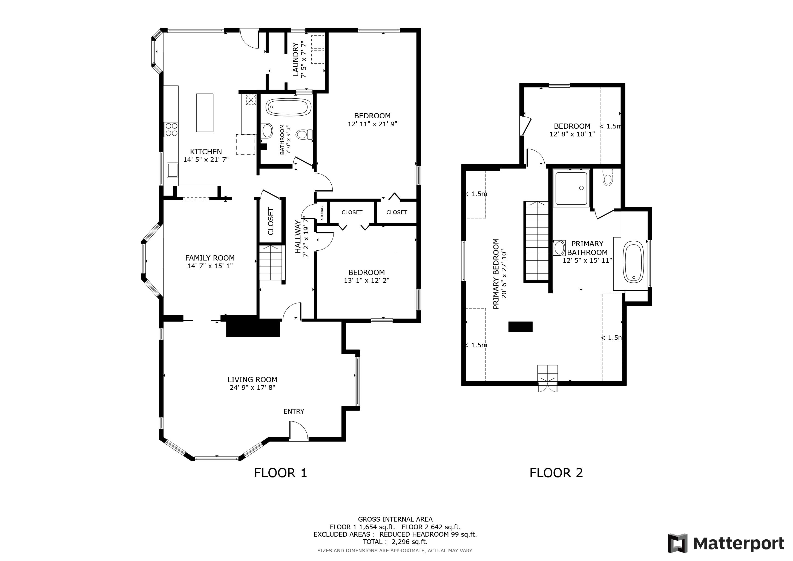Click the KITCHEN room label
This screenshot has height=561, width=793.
pos(206,152)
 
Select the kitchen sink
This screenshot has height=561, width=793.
pos(172,170)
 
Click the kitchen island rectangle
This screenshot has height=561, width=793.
pos(205,113)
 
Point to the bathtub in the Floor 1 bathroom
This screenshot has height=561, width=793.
pos(289,107)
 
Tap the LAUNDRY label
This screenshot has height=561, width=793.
pos(296,59)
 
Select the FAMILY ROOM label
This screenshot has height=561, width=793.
pos(210,258)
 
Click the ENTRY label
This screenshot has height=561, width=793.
pos(294,411)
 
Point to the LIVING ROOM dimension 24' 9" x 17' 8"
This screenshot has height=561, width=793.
pos(252,388)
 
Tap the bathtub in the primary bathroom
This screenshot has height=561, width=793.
pos(633,262)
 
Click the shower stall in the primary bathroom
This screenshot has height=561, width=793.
pos(571,188)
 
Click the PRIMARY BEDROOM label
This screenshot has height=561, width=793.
pos(496,274)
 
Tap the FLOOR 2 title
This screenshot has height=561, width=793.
pos(556,473)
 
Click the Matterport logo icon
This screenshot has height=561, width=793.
pos(678,543)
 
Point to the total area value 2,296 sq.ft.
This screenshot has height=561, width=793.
pos(410,542)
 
